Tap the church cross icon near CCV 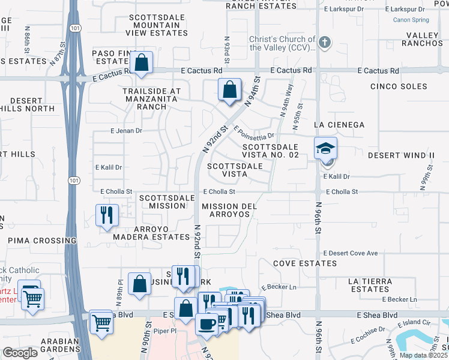(324, 42)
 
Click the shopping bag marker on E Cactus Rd (141, 63)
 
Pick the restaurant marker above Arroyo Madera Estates (107, 215)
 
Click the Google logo (20, 353)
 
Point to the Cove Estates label (302, 263)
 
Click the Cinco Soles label (399, 86)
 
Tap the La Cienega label (339, 124)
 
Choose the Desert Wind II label (400, 155)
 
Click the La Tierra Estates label (369, 285)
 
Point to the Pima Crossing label (42, 241)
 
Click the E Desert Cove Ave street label (351, 253)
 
